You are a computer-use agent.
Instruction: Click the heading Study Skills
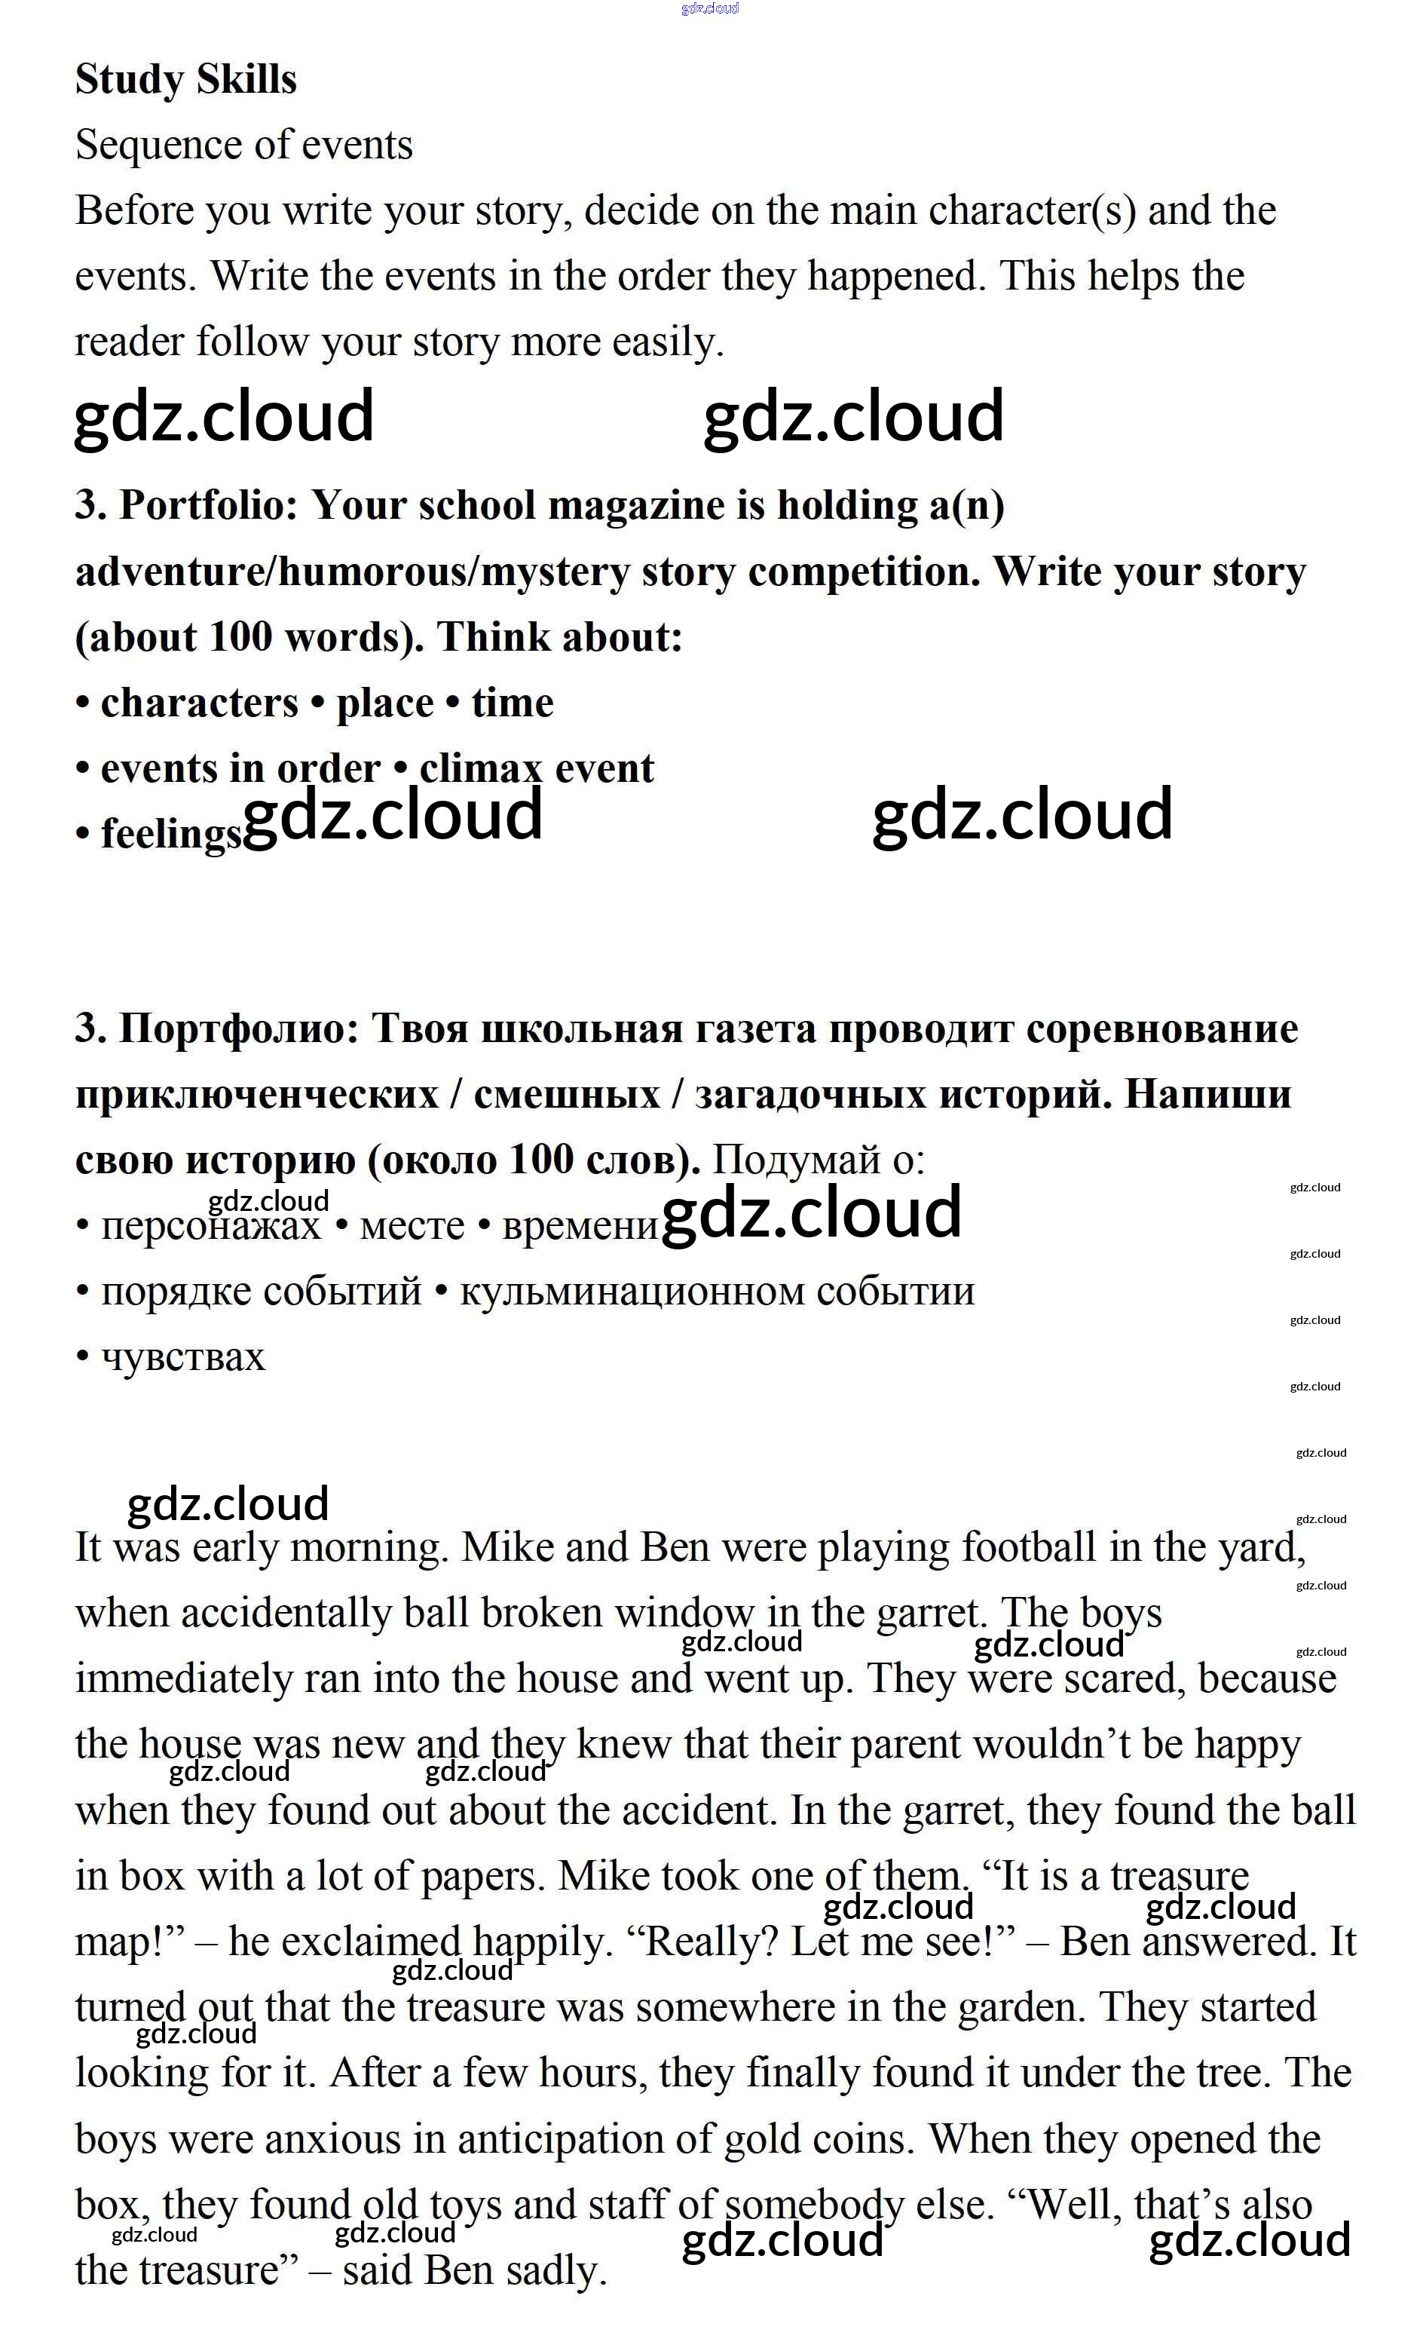click(x=186, y=79)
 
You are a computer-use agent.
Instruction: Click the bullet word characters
click(x=199, y=703)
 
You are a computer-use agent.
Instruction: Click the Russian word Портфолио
click(x=238, y=1028)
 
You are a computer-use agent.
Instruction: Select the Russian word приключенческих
click(x=256, y=1094)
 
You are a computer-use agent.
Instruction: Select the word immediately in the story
click(x=184, y=1679)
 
